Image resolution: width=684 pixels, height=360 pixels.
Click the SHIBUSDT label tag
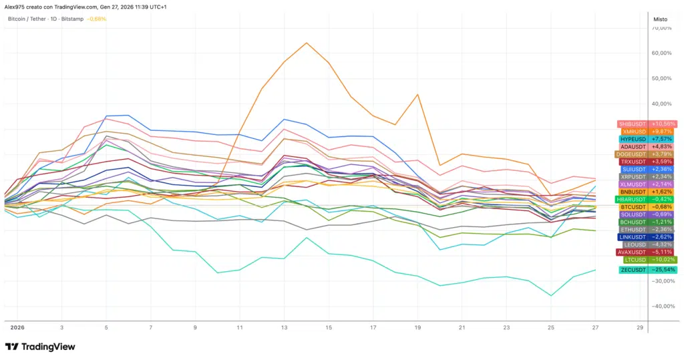tap(647, 124)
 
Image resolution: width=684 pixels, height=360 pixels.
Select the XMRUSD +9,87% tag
tap(647, 132)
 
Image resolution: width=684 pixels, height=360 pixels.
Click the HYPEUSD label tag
tap(647, 139)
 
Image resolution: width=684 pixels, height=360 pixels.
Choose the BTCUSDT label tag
tap(647, 207)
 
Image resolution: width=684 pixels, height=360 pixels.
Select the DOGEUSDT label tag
tap(647, 154)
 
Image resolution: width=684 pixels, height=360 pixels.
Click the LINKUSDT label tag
tap(647, 237)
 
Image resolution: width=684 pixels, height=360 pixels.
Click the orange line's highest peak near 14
tap(307, 43)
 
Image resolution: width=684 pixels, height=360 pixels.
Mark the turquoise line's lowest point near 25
tap(551, 295)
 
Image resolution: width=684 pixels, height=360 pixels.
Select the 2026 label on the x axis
tap(17, 328)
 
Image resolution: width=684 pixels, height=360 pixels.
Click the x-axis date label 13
tap(284, 328)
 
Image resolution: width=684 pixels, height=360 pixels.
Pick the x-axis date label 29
tap(640, 328)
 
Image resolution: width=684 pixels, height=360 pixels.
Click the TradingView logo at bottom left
tap(40, 347)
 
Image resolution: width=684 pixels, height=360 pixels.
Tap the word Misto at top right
tap(660, 19)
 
